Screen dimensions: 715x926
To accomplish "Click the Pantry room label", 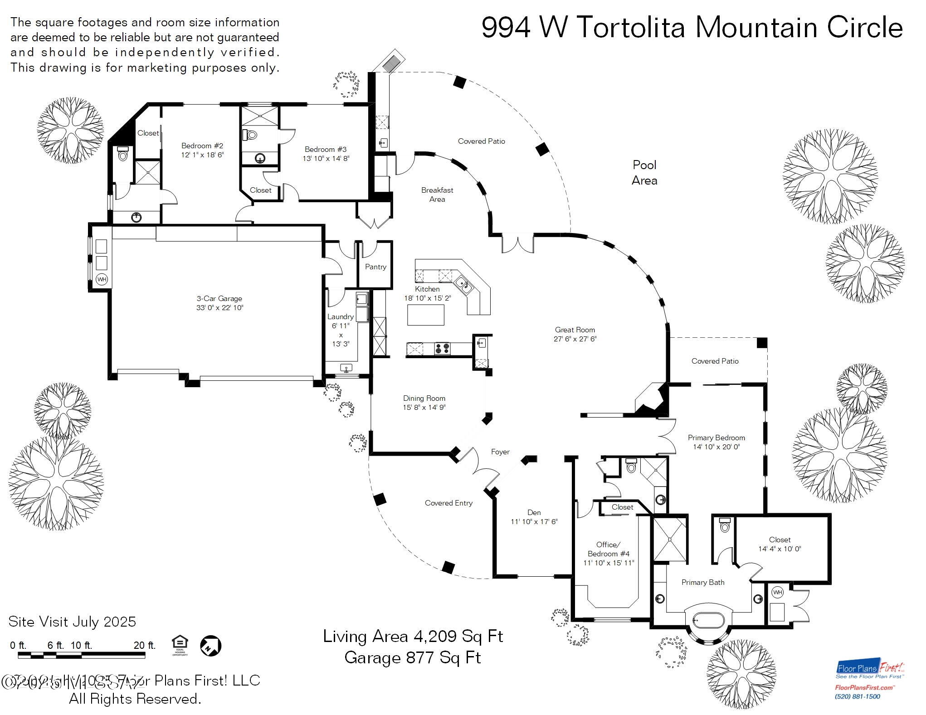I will click(x=375, y=267).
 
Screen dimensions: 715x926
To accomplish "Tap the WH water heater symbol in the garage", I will click(x=102, y=279).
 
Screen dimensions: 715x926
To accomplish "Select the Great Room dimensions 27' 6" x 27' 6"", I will click(x=575, y=339).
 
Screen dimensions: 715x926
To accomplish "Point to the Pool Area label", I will click(x=644, y=173).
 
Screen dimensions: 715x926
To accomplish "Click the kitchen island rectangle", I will click(x=425, y=315).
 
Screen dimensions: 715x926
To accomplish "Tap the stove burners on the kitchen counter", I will click(x=442, y=349).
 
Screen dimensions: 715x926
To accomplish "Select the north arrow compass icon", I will click(x=211, y=645).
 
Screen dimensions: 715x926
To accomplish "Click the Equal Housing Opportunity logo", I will click(x=180, y=645).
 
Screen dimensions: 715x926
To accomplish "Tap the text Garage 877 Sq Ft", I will click(x=412, y=657).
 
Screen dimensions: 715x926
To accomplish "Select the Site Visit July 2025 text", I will click(x=72, y=622).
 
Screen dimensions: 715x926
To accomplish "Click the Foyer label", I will click(x=500, y=452).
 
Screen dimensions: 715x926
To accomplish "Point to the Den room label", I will click(x=534, y=513).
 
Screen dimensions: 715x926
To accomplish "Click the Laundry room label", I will click(x=340, y=317).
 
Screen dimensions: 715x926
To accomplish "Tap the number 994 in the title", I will click(x=506, y=28).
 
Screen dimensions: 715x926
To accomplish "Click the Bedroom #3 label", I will click(x=325, y=150).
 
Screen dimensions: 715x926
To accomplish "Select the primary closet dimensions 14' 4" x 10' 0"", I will click(x=780, y=549).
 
